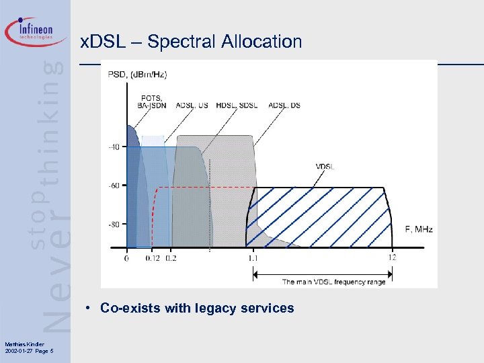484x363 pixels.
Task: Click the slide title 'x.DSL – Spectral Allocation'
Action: pyautogui.click(x=192, y=42)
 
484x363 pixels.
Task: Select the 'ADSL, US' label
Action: pyautogui.click(x=192, y=105)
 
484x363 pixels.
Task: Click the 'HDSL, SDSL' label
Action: pyautogui.click(x=239, y=105)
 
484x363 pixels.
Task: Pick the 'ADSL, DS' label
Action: pyautogui.click(x=285, y=105)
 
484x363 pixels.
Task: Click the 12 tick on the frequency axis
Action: pyautogui.click(x=392, y=257)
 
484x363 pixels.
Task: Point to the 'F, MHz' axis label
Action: pyautogui.click(x=418, y=229)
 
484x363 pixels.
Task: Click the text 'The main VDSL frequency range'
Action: pyautogui.click(x=333, y=282)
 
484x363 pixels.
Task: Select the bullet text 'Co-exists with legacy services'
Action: pyautogui.click(x=197, y=309)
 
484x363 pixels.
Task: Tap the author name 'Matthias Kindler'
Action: pyautogui.click(x=20, y=345)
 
